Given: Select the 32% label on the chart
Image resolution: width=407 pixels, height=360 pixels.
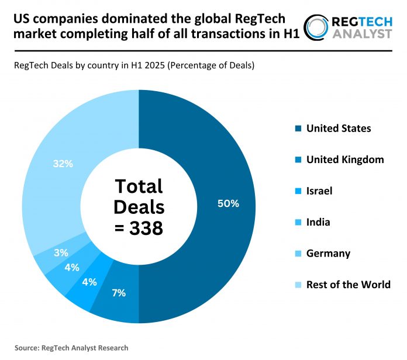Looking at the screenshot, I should pyautogui.click(x=63, y=164).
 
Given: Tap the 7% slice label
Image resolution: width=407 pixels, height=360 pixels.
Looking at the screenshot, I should pyautogui.click(x=119, y=293).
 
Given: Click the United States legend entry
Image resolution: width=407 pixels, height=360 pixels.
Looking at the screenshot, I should pyautogui.click(x=339, y=128).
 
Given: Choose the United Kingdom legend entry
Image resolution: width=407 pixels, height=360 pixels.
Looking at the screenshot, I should pyautogui.click(x=345, y=159).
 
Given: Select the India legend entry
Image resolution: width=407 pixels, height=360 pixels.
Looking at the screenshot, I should pyautogui.click(x=319, y=221).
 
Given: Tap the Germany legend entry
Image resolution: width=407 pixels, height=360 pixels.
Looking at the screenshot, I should pyautogui.click(x=328, y=253).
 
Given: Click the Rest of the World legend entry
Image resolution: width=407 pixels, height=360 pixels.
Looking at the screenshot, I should pyautogui.click(x=349, y=285).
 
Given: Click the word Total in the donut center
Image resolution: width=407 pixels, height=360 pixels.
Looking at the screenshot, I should pyautogui.click(x=139, y=186).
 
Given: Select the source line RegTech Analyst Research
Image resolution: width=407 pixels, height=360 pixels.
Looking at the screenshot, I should pyautogui.click(x=71, y=347).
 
